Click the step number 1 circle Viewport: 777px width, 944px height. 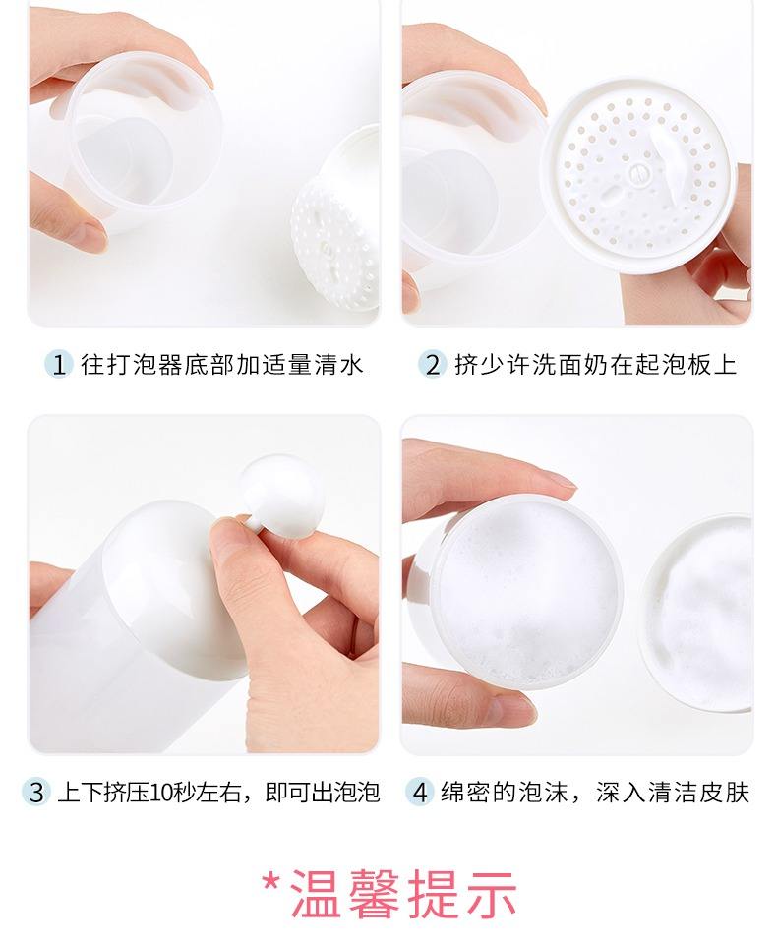(x=59, y=365)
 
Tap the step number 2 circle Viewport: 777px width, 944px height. (x=432, y=365)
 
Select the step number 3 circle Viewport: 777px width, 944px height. (x=36, y=792)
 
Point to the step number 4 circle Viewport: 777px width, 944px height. (x=420, y=792)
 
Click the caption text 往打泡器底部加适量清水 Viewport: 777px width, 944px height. (x=222, y=365)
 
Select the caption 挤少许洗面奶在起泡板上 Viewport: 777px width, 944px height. (x=595, y=365)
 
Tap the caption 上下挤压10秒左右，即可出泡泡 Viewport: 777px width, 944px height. (x=217, y=792)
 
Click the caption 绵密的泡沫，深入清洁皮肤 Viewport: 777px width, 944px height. (x=594, y=792)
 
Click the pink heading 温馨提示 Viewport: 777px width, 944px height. (x=404, y=893)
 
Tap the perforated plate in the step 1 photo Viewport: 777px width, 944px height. (x=334, y=231)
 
